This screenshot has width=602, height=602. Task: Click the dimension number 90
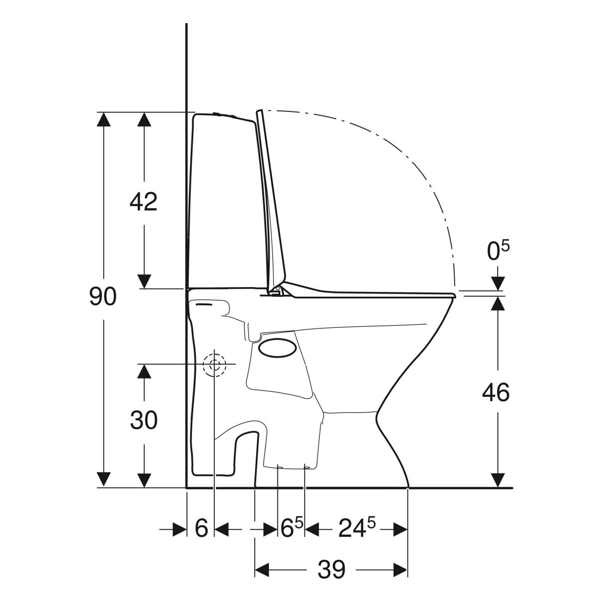(x=103, y=296)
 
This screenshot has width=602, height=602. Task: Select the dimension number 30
(x=144, y=420)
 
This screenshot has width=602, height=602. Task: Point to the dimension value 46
(x=496, y=393)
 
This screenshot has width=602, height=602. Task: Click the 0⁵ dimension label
(x=498, y=251)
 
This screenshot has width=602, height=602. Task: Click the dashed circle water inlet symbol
(x=214, y=364)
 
